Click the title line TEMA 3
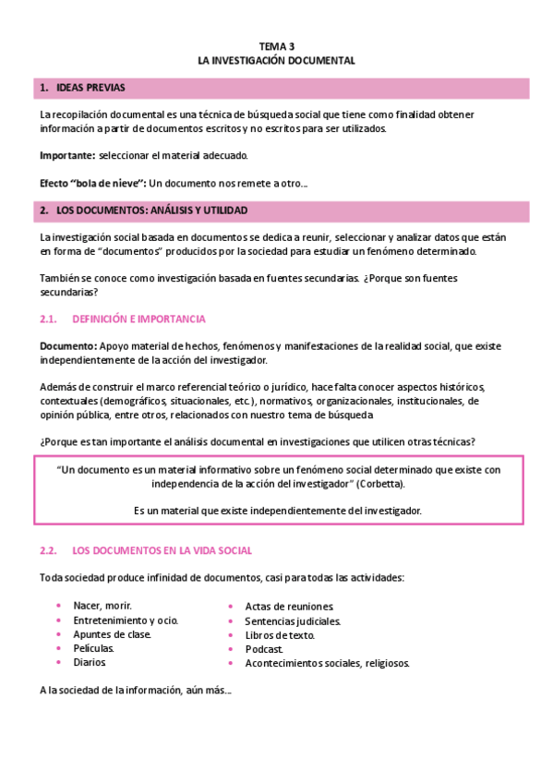pyautogui.click(x=276, y=45)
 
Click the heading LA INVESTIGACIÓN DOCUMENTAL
pyautogui.click(x=276, y=59)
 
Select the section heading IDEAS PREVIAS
pyautogui.click(x=90, y=88)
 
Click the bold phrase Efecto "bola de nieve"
pyautogui.click(x=92, y=183)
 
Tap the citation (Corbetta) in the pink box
pyautogui.click(x=379, y=483)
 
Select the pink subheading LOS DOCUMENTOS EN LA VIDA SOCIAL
pyautogui.click(x=162, y=550)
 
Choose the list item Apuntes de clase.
pyautogui.click(x=112, y=633)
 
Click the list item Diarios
pyautogui.click(x=90, y=661)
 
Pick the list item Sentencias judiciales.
pyautogui.click(x=292, y=620)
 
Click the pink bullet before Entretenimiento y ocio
pyautogui.click(x=59, y=620)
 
